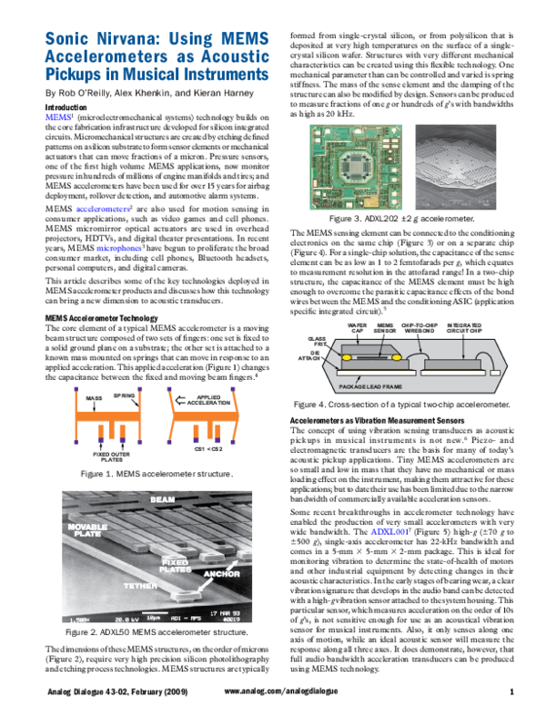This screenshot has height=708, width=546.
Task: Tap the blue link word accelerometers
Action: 101,209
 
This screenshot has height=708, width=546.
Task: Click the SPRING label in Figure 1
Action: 125,395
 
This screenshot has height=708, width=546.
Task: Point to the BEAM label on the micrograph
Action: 162,500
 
